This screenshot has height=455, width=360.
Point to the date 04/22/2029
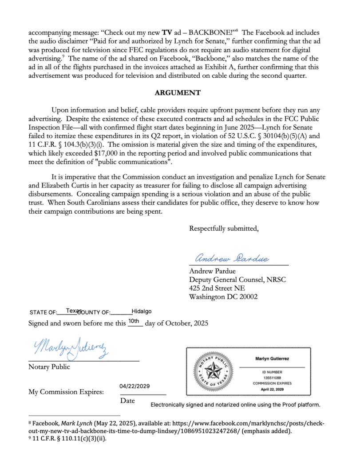coord(135,387)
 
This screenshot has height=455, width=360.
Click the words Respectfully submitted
coord(224,229)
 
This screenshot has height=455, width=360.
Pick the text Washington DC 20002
coord(223,297)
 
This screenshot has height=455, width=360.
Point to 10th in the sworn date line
coord(134,321)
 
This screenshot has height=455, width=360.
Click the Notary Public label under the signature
coord(49,367)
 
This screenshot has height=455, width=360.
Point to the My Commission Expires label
coord(66,392)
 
